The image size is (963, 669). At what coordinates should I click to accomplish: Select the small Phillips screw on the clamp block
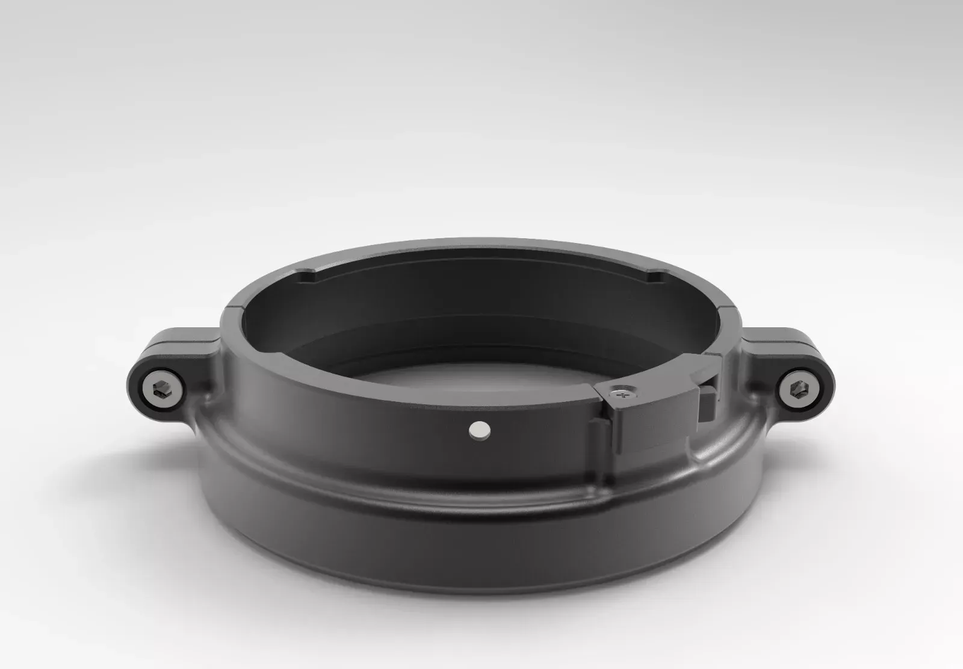point(622,392)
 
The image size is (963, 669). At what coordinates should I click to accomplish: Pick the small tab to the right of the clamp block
point(708,403)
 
